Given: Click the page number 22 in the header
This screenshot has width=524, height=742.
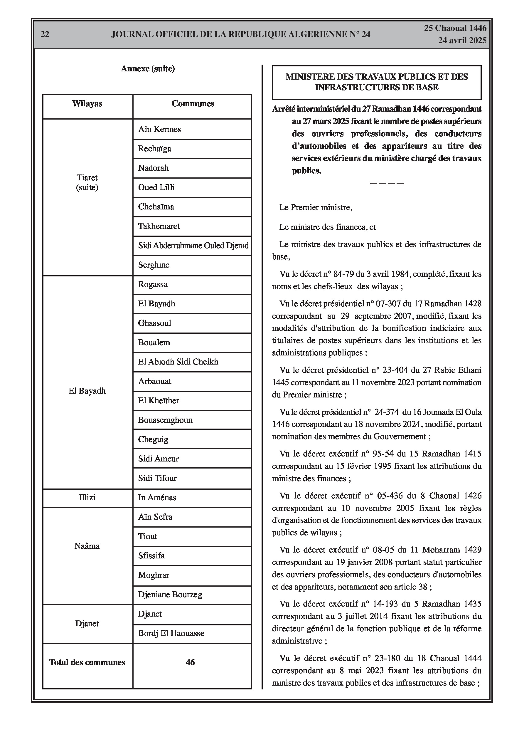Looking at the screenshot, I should tap(45, 34).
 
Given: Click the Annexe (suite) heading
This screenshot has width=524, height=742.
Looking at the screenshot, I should tap(148, 68).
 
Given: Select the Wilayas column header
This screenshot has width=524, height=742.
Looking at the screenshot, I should tap(87, 104).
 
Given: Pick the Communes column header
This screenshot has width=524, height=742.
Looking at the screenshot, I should tap(193, 104).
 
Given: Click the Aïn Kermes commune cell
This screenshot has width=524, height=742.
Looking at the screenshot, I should tap(160, 129).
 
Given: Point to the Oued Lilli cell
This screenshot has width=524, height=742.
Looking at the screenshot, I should tap(156, 187).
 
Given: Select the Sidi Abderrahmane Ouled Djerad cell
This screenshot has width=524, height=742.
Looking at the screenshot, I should tap(193, 246).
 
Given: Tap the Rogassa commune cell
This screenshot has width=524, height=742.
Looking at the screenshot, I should tap(153, 284).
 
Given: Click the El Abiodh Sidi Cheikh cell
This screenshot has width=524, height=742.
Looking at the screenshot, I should tap(178, 362).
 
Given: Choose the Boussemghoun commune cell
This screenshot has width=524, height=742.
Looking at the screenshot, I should tap(165, 420).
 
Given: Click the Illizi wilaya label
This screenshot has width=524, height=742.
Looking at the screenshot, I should tap(87, 498).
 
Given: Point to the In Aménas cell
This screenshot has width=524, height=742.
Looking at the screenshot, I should tap(157, 498).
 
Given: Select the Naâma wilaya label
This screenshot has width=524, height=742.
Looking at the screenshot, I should tap(87, 546).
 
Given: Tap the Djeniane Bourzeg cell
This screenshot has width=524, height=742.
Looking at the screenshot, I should tap(170, 595).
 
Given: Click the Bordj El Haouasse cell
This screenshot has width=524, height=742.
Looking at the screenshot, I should tap(171, 633).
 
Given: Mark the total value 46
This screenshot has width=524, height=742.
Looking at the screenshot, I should tap(190, 662).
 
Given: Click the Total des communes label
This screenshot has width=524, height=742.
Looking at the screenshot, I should tap(87, 662).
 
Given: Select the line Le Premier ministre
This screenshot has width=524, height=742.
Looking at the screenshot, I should tap(316, 207).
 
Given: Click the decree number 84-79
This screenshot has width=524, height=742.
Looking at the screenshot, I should tap(343, 274).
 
